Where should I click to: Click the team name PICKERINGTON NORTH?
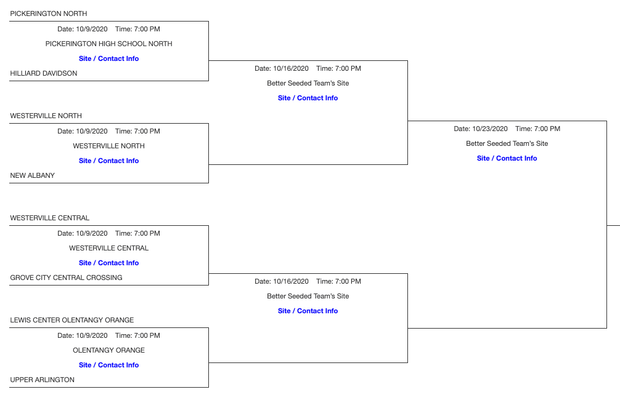(49, 14)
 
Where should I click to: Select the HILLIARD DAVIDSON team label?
(44, 73)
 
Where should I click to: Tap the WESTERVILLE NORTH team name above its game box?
(46, 116)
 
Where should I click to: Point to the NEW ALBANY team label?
(33, 175)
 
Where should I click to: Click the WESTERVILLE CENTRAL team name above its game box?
(50, 218)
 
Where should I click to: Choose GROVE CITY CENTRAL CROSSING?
(67, 278)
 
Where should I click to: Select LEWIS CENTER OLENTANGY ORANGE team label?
(72, 320)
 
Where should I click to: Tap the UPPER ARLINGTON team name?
(43, 380)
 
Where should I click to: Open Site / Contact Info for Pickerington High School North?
(109, 58)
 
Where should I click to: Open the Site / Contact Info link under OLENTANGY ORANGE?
(109, 365)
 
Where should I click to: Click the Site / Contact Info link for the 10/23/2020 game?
(507, 158)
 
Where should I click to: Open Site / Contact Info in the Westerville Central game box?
(109, 263)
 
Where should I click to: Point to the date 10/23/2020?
(490, 129)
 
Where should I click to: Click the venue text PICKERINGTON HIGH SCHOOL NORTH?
(109, 44)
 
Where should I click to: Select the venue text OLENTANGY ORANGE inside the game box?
(109, 350)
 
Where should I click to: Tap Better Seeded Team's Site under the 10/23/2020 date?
(507, 143)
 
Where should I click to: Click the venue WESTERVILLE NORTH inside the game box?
(109, 146)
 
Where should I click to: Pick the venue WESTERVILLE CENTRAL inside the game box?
(109, 248)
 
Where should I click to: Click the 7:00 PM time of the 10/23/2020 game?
(546, 129)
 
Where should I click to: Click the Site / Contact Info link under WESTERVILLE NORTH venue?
(109, 161)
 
